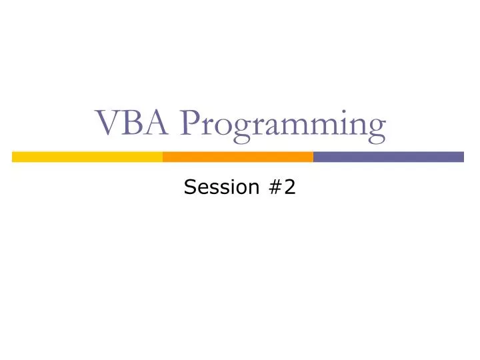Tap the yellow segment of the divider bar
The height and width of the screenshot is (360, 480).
(x=87, y=157)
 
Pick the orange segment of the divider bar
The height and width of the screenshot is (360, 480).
(x=238, y=157)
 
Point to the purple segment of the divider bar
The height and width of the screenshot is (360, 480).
(x=388, y=157)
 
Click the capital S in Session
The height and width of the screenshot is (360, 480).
(x=189, y=189)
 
